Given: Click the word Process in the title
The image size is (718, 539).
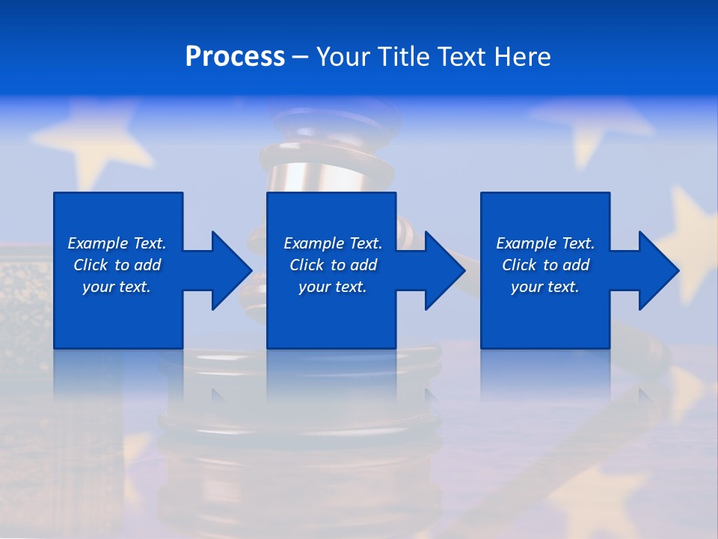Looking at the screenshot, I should [x=235, y=57].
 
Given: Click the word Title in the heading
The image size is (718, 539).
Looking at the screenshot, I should [x=402, y=57].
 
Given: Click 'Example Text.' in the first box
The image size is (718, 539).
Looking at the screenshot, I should [x=117, y=243].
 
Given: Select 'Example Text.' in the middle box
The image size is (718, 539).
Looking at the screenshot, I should [x=333, y=243].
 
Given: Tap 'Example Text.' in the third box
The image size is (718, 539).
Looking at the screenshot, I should [x=545, y=243].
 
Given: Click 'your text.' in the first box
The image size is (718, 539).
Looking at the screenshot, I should [x=117, y=287].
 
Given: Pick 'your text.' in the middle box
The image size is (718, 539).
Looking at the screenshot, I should [x=333, y=287].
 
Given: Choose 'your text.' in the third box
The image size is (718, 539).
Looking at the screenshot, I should [x=545, y=287].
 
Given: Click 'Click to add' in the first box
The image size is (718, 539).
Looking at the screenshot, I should [x=117, y=265].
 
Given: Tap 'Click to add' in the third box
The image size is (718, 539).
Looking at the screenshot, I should [x=545, y=265].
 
